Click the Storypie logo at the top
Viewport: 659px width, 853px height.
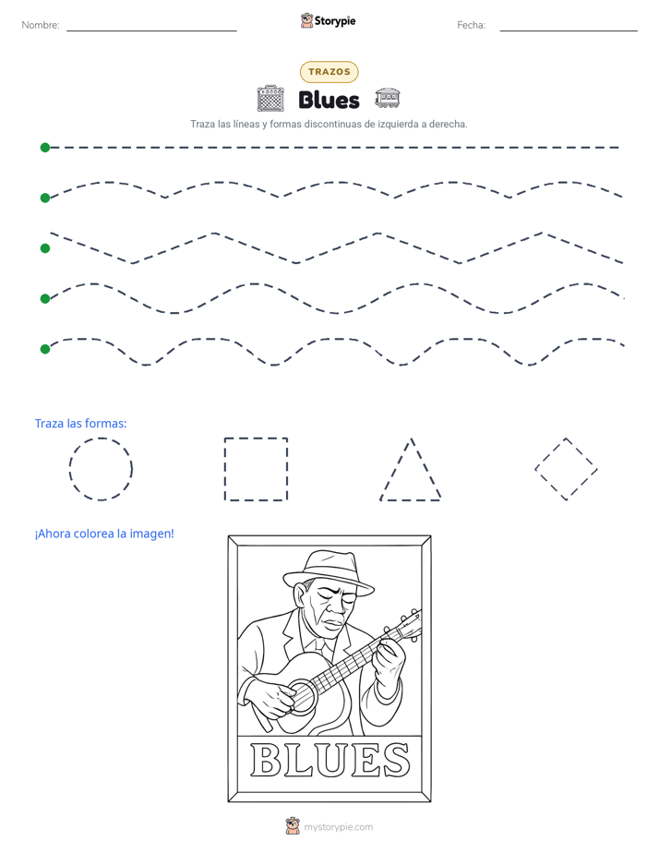[328, 20]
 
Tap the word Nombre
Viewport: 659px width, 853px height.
[41, 25]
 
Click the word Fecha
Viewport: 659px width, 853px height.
[471, 25]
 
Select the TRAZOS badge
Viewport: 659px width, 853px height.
[329, 72]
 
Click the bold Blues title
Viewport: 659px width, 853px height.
[329, 100]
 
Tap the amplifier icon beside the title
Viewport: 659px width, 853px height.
[270, 99]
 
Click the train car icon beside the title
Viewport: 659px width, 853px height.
[387, 97]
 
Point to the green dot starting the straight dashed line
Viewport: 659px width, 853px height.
[45, 148]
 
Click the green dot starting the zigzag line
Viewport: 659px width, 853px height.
[45, 248]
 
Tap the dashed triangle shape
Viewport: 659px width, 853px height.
[395, 469]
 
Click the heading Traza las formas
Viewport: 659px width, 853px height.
[80, 423]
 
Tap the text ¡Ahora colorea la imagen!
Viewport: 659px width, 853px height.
[104, 534]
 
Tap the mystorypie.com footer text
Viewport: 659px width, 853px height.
[338, 827]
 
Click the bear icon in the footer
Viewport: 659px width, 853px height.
[293, 826]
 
